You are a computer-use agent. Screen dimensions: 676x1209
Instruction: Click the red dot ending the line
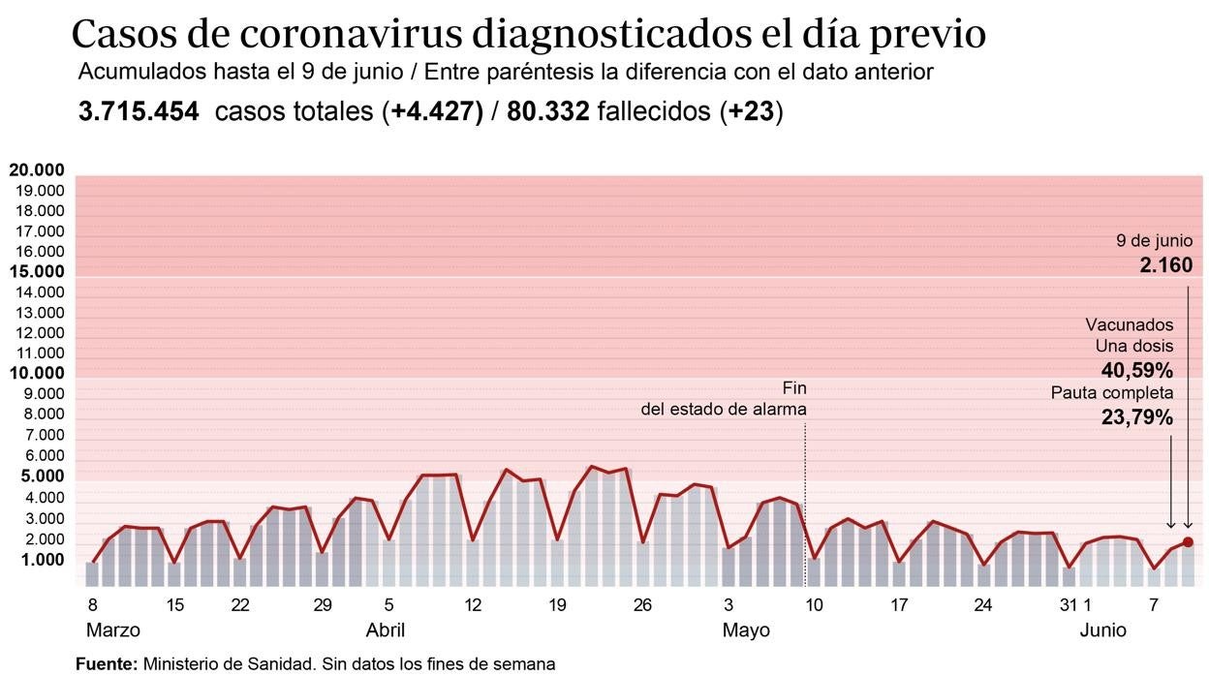[1188, 542]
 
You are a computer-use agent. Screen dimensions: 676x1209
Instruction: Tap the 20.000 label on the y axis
[37, 170]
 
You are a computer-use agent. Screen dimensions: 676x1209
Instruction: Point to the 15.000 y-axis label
[37, 272]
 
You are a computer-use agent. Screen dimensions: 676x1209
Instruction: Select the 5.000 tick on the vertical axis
[37, 476]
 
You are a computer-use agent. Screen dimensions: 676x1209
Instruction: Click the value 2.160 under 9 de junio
[1165, 264]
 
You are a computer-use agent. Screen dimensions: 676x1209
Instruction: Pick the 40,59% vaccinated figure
[1137, 370]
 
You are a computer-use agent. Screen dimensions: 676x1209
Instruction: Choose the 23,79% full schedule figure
[1137, 418]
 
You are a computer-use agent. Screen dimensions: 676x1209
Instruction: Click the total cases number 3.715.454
[139, 112]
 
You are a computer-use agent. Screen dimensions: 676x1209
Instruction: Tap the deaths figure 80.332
[547, 112]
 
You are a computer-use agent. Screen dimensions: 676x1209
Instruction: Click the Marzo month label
[113, 630]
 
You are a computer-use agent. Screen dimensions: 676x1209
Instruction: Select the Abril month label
[385, 630]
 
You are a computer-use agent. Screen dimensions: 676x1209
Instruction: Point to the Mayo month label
[746, 630]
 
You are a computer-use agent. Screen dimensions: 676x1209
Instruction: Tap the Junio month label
[1103, 630]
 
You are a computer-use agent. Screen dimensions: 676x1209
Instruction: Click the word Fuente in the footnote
[106, 664]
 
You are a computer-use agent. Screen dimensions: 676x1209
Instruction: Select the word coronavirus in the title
[351, 35]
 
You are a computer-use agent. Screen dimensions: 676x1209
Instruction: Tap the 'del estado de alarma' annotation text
[724, 409]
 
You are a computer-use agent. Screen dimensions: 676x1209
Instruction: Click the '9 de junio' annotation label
[1154, 241]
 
